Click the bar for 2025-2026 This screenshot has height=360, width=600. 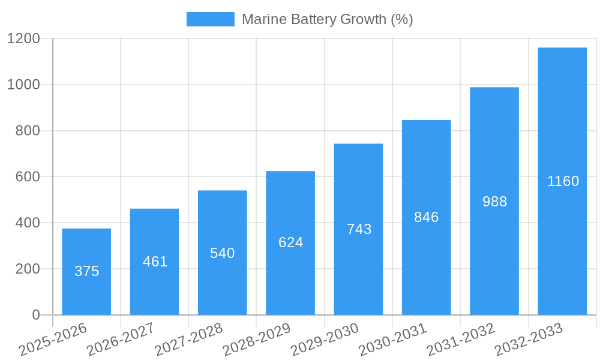(86, 271)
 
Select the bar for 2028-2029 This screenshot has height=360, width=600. (290, 242)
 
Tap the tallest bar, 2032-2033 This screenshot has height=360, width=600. (562, 181)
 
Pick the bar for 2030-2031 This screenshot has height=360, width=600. (426, 217)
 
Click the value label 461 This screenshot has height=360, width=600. (155, 262)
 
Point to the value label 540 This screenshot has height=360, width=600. (222, 253)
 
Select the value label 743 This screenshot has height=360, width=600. (359, 229)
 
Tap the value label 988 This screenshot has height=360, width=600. (494, 202)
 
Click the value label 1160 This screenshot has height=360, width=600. (563, 181)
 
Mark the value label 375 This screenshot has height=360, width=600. (86, 271)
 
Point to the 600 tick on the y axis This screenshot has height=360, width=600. (28, 177)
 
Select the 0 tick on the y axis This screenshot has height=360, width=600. (35, 315)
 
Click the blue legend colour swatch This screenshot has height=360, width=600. (210, 19)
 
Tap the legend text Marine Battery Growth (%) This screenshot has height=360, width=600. (327, 19)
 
